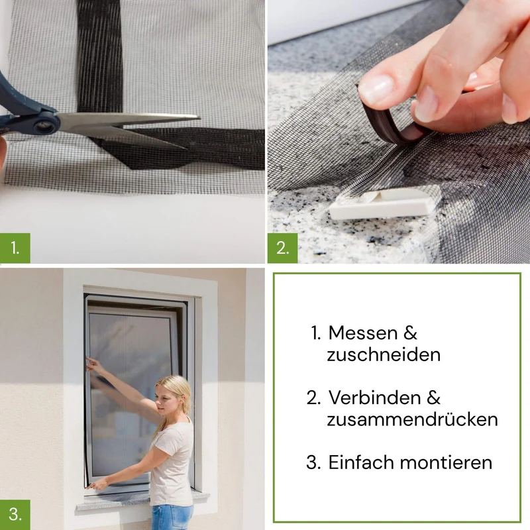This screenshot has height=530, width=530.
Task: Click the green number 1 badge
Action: point(15,248)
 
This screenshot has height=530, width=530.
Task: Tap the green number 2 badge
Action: point(283,248)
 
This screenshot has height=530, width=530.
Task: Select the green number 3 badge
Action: point(15,515)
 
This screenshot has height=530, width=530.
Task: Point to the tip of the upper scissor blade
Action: point(200,118)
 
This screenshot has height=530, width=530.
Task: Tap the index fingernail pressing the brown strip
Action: point(376,89)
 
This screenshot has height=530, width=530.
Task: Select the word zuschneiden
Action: point(384,355)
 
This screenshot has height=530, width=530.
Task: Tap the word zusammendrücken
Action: point(412,419)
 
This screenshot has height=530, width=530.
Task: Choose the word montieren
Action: point(446,462)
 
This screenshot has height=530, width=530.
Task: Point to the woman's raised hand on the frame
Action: point(93,365)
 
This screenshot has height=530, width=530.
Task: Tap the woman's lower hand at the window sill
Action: point(96,485)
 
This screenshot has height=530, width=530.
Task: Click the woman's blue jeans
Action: point(172,517)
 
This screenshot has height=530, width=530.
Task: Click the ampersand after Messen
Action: point(410,333)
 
